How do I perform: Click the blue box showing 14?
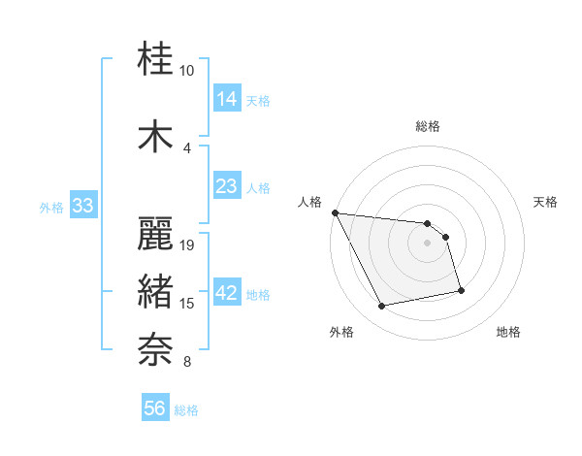(x=227, y=98)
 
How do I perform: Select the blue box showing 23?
(x=227, y=186)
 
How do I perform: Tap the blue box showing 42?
(x=227, y=293)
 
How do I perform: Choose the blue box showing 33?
(x=82, y=205)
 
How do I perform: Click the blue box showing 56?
(x=155, y=408)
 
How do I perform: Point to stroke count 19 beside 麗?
(x=188, y=244)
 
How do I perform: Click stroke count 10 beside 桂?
(x=187, y=71)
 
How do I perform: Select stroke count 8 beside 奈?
(x=187, y=363)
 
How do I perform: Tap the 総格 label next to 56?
(x=186, y=410)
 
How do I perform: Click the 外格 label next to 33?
(x=51, y=207)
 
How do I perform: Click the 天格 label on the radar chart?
(x=546, y=202)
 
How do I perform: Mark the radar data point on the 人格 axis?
(x=335, y=212)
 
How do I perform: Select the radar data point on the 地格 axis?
(x=461, y=289)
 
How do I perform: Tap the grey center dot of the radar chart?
(x=428, y=243)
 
